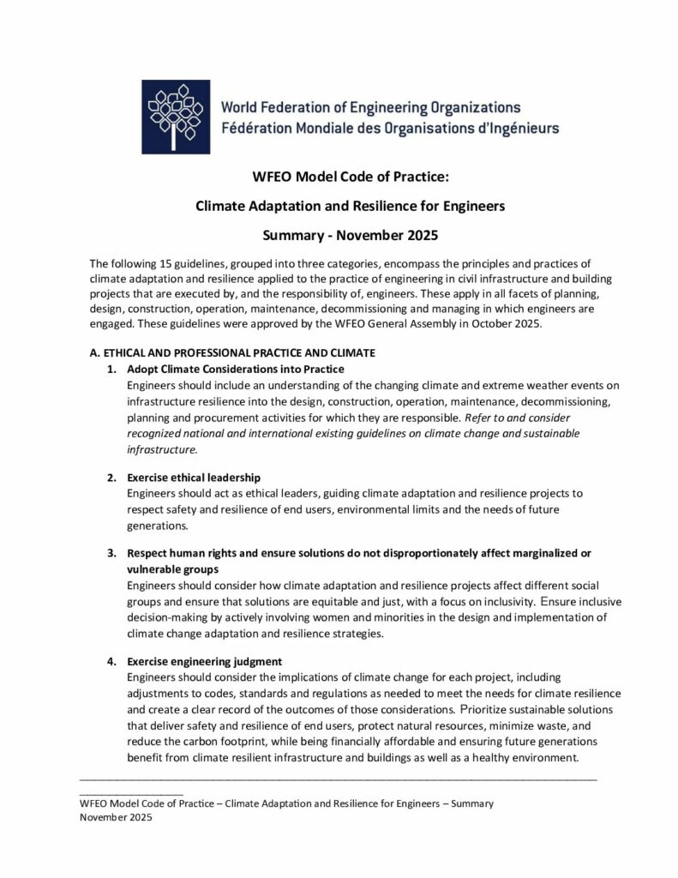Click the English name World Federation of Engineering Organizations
tap(370, 108)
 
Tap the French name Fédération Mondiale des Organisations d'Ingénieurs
tap(390, 129)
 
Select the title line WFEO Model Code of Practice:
tap(339, 178)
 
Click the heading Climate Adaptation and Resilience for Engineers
tap(339, 206)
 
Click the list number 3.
tap(111, 552)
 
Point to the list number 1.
tap(111, 369)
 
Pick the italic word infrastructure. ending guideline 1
tap(162, 448)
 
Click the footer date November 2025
tap(116, 819)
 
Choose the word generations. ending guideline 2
tap(155, 524)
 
